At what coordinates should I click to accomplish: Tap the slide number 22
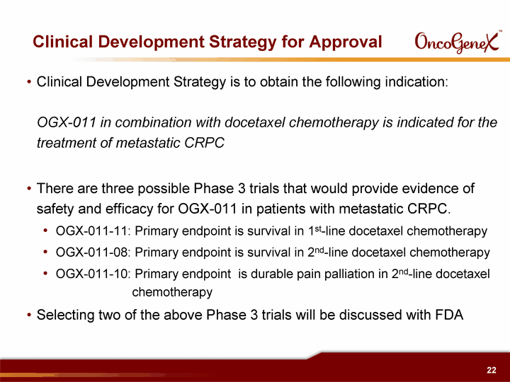pos(492,370)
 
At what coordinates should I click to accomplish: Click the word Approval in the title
pos(346,42)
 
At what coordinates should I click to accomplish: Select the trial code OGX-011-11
pos(91,231)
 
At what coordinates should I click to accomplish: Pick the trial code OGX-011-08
pos(91,252)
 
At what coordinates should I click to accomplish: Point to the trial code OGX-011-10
pos(91,274)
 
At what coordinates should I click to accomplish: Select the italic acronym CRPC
pos(204,143)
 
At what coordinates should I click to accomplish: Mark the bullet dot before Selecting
pos(29,315)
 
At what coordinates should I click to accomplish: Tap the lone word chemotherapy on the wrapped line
pos(172,292)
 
